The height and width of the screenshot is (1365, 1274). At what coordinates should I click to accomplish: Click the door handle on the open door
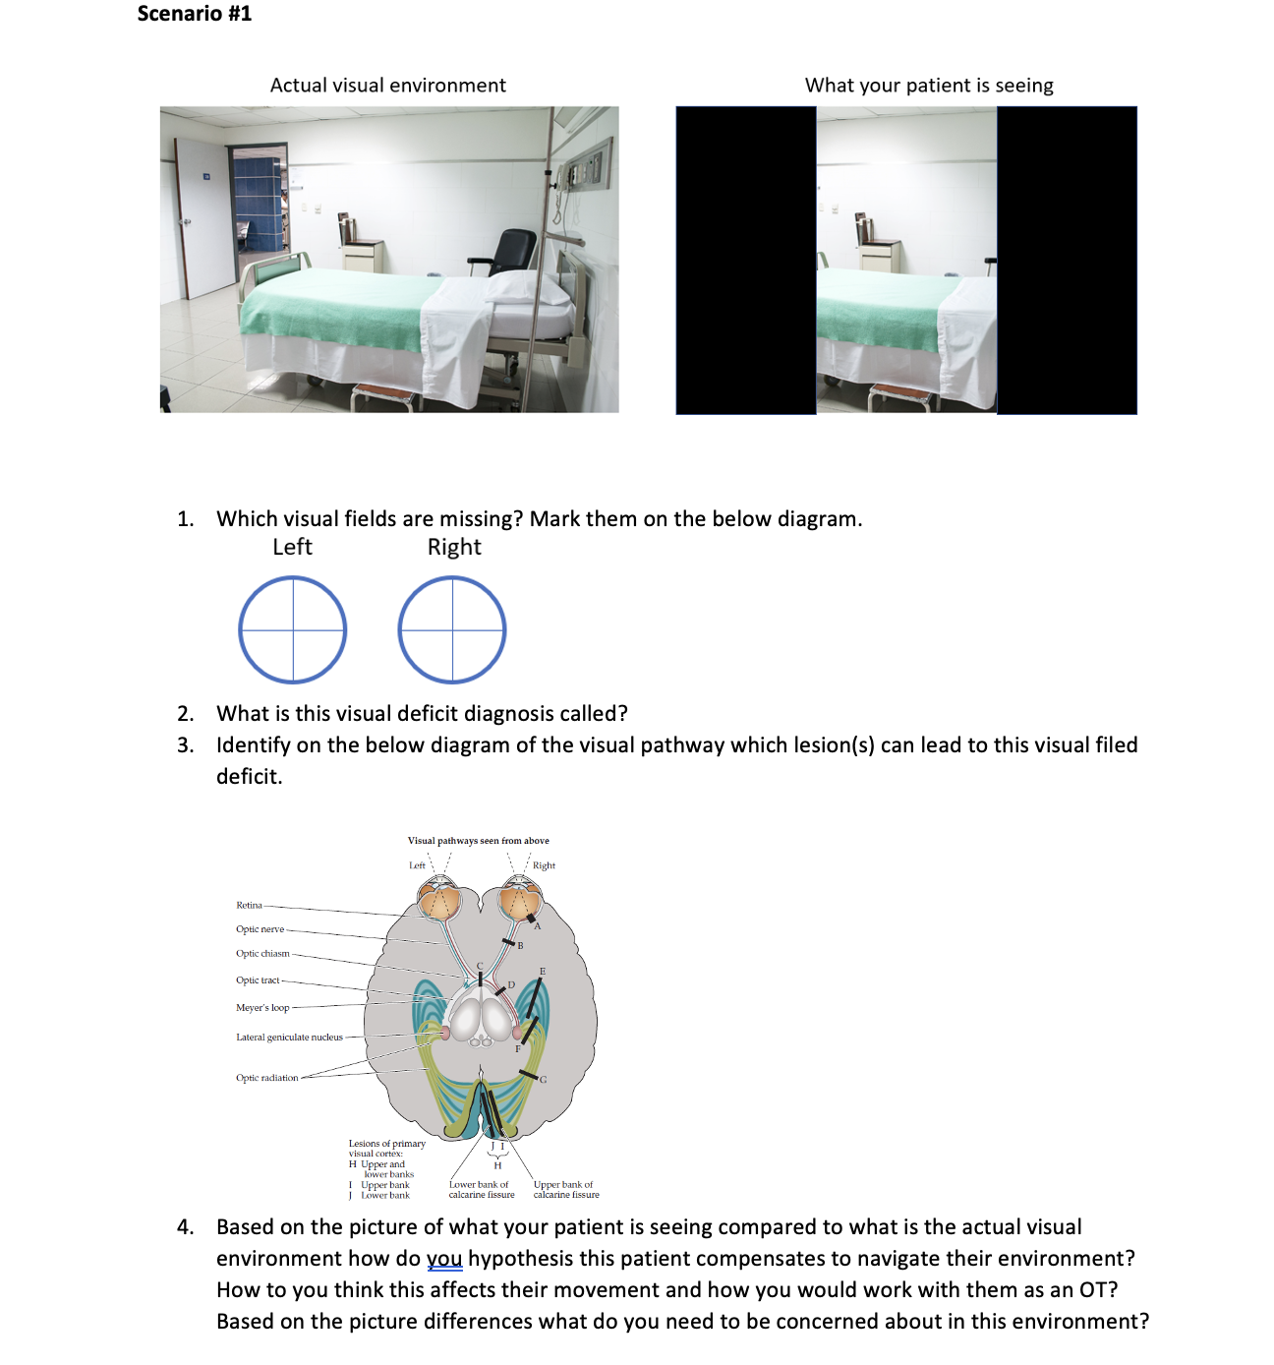coord(184,221)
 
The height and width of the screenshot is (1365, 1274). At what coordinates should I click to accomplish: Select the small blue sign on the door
coord(207,176)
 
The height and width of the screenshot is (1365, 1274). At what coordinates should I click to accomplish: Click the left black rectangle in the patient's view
coord(746,260)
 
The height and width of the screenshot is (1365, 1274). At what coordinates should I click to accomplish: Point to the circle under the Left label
coord(293,629)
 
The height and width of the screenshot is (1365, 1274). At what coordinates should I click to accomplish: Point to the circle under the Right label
coord(452,629)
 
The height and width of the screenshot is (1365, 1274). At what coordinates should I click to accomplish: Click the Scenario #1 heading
coord(195,14)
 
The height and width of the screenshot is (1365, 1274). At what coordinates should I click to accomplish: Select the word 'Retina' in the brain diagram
coord(249,905)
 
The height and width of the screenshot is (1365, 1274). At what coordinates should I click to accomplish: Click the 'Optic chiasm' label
coord(262,954)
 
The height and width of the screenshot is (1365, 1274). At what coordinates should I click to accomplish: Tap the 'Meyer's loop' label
coord(262,1008)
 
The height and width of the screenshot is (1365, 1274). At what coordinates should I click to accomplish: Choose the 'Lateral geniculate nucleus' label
coord(289,1038)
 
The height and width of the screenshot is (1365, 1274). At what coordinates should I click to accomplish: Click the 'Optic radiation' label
coord(266,1078)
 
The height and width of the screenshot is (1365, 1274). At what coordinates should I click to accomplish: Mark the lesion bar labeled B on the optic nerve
coord(508,942)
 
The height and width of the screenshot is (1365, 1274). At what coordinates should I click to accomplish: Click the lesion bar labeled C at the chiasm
coord(480,979)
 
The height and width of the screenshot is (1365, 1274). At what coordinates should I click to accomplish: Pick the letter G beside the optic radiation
coord(543,1080)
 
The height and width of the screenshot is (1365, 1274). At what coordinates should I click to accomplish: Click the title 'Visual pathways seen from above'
coord(479,841)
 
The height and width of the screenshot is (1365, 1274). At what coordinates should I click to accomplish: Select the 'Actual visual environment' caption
coord(388,86)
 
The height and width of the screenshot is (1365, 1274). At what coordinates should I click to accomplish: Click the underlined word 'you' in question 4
coord(444,1259)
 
